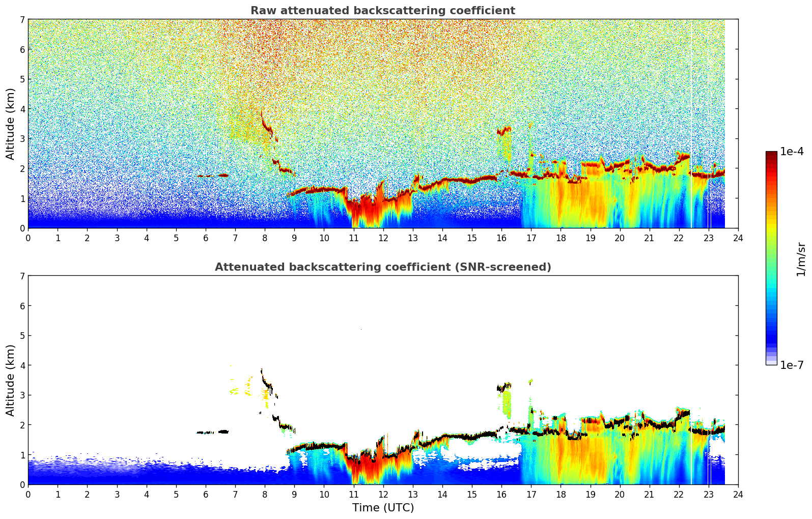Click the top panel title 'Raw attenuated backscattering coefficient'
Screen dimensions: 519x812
click(x=382, y=11)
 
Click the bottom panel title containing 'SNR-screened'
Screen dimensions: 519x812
click(x=382, y=267)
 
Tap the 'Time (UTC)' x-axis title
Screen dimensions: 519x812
click(x=383, y=508)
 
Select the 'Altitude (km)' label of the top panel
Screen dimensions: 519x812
click(x=11, y=124)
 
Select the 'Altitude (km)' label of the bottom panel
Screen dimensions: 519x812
click(x=11, y=380)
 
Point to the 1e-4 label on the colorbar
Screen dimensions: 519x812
click(x=792, y=152)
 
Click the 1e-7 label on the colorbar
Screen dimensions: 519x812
click(x=792, y=365)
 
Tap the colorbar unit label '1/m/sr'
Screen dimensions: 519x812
click(x=801, y=259)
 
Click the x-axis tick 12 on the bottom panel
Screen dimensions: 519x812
click(x=383, y=494)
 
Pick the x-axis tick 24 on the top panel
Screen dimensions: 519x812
click(x=738, y=238)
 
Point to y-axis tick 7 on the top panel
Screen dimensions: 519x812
click(x=22, y=20)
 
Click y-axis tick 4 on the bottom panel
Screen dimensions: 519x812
click(x=22, y=365)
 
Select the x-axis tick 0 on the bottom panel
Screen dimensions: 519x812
click(x=28, y=494)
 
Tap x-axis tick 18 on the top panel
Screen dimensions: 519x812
click(x=561, y=238)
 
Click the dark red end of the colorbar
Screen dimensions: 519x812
click(x=771, y=154)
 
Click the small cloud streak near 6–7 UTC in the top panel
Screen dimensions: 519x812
click(x=214, y=176)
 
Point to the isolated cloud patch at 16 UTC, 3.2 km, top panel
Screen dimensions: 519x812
click(x=504, y=131)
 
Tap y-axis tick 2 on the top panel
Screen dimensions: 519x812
click(x=22, y=168)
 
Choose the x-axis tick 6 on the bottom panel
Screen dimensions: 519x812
click(x=206, y=494)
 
